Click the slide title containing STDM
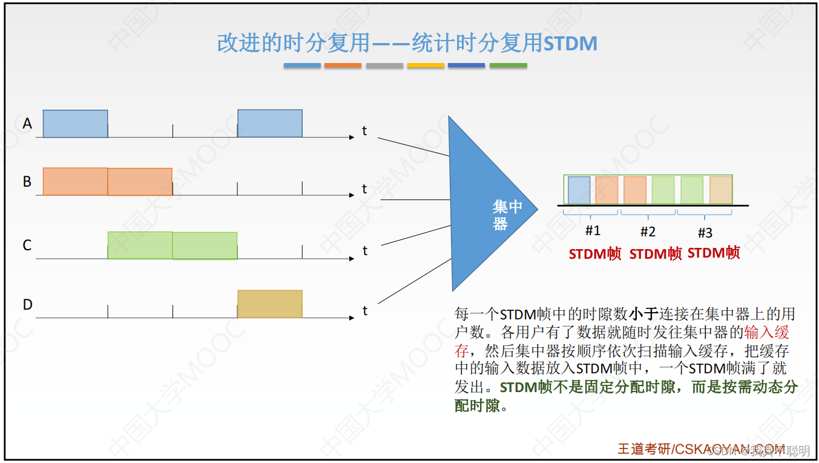click(x=407, y=43)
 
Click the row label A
click(x=27, y=124)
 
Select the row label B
click(x=27, y=182)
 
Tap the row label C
click(x=27, y=245)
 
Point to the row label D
click(x=27, y=304)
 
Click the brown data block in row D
click(x=269, y=304)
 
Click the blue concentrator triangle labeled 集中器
click(x=484, y=206)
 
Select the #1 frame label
click(x=593, y=231)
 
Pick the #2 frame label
click(x=648, y=232)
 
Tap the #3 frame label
click(x=705, y=233)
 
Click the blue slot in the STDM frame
click(x=579, y=190)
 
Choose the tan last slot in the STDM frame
click(x=720, y=190)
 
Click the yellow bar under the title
click(x=426, y=65)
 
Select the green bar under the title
click(x=508, y=65)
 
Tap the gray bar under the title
click(x=384, y=65)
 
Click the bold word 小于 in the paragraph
click(x=643, y=315)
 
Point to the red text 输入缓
click(x=767, y=332)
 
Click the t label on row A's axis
click(x=364, y=130)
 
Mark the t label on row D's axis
click(x=365, y=311)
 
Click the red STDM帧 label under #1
click(x=595, y=254)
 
